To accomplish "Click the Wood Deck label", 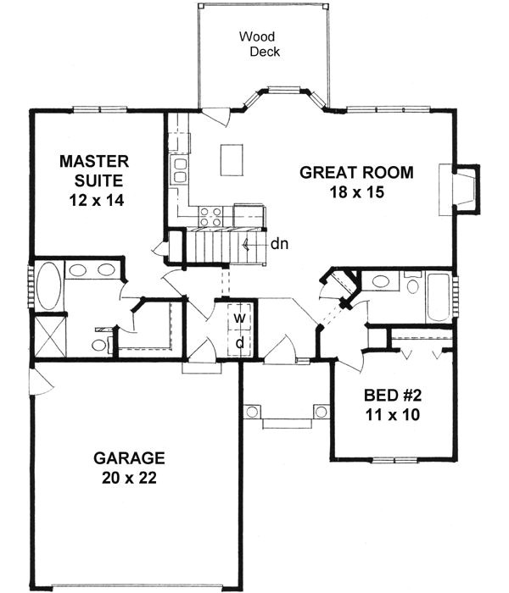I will (x=260, y=44).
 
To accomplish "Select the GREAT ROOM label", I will (x=356, y=173).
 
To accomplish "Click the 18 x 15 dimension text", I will (x=356, y=192).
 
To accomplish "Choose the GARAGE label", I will (x=129, y=458).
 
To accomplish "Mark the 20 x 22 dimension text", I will (x=129, y=478).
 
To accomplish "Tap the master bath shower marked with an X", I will (x=49, y=335).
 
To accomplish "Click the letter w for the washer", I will (x=240, y=318).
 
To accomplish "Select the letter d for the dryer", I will (x=240, y=342).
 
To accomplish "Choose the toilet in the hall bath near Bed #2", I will (x=412, y=285).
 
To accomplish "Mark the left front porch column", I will (x=252, y=412).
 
